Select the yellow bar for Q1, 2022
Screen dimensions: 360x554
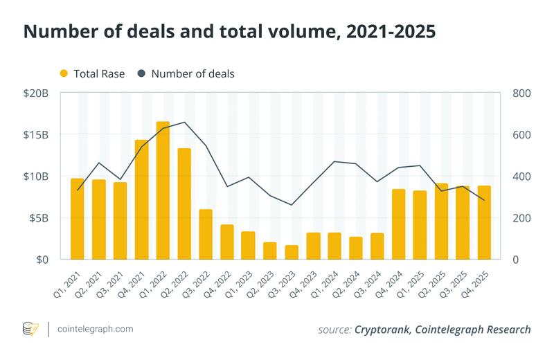(163, 190)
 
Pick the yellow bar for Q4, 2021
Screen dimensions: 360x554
(141, 199)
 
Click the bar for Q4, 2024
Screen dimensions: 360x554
(398, 224)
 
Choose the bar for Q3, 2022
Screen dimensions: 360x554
(206, 234)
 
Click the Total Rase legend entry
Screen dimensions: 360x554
(92, 74)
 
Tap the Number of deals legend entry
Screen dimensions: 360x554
(185, 74)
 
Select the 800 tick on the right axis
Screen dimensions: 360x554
(521, 93)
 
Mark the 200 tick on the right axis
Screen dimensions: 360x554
(521, 217)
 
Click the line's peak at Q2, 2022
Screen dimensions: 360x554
(184, 123)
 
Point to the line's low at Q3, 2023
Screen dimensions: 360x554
(292, 205)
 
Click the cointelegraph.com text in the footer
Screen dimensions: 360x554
(96, 329)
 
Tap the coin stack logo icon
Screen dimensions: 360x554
(31, 329)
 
